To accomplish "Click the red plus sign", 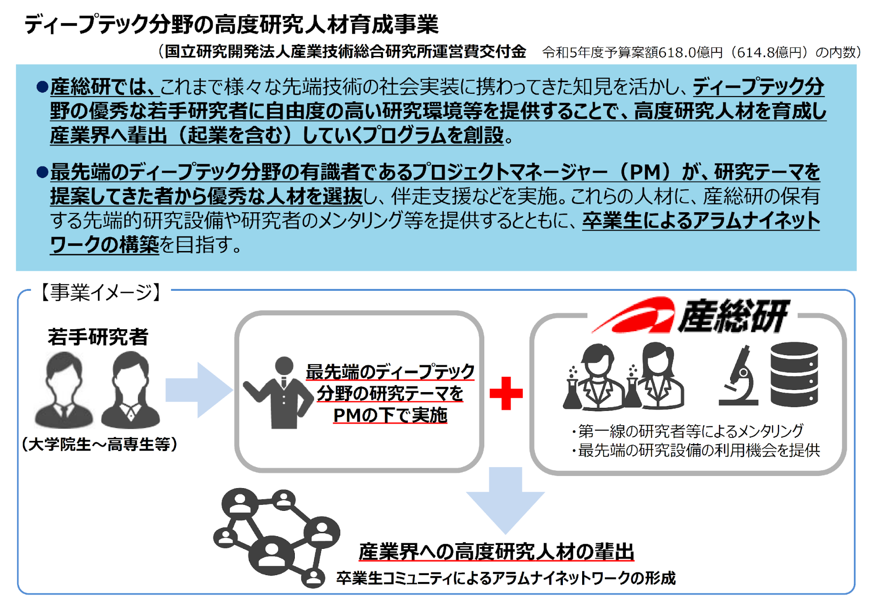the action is [x=506, y=393].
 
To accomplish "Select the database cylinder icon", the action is [x=794, y=374].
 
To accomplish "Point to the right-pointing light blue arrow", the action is [x=199, y=390].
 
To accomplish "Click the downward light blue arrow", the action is [x=505, y=500].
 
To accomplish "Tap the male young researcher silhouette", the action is [x=64, y=390].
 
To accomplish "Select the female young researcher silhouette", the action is [x=130, y=390].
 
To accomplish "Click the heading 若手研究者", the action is [x=98, y=337].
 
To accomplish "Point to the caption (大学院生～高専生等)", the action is [x=100, y=444].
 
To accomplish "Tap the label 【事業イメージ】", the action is [x=101, y=292].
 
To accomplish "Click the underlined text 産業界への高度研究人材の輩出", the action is [x=496, y=551].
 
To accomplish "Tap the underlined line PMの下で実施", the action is [x=390, y=415].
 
